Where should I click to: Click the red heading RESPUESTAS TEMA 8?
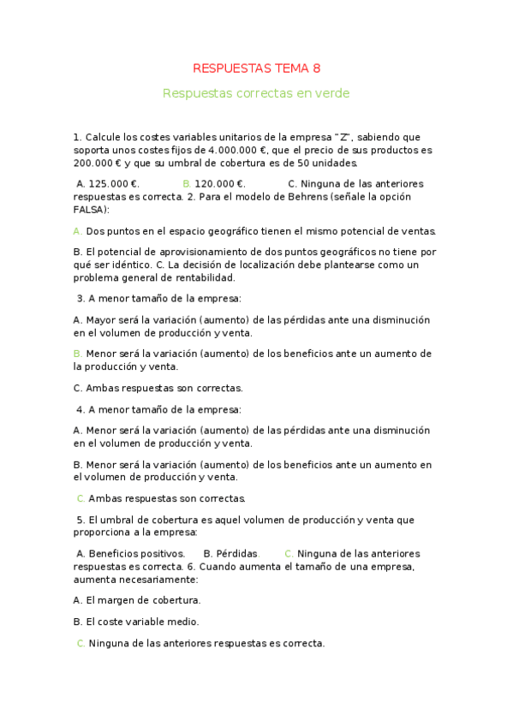pyautogui.click(x=256, y=68)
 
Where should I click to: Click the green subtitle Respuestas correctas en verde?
pyautogui.click(x=256, y=93)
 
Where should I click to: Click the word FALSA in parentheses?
pyautogui.click(x=89, y=210)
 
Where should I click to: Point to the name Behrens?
pyautogui.click(x=290, y=197)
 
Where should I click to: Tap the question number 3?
pyautogui.click(x=80, y=299)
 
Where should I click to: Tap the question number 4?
pyautogui.click(x=80, y=409)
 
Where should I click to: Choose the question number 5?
pyautogui.click(x=80, y=520)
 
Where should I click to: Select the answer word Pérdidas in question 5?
pyautogui.click(x=237, y=553)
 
